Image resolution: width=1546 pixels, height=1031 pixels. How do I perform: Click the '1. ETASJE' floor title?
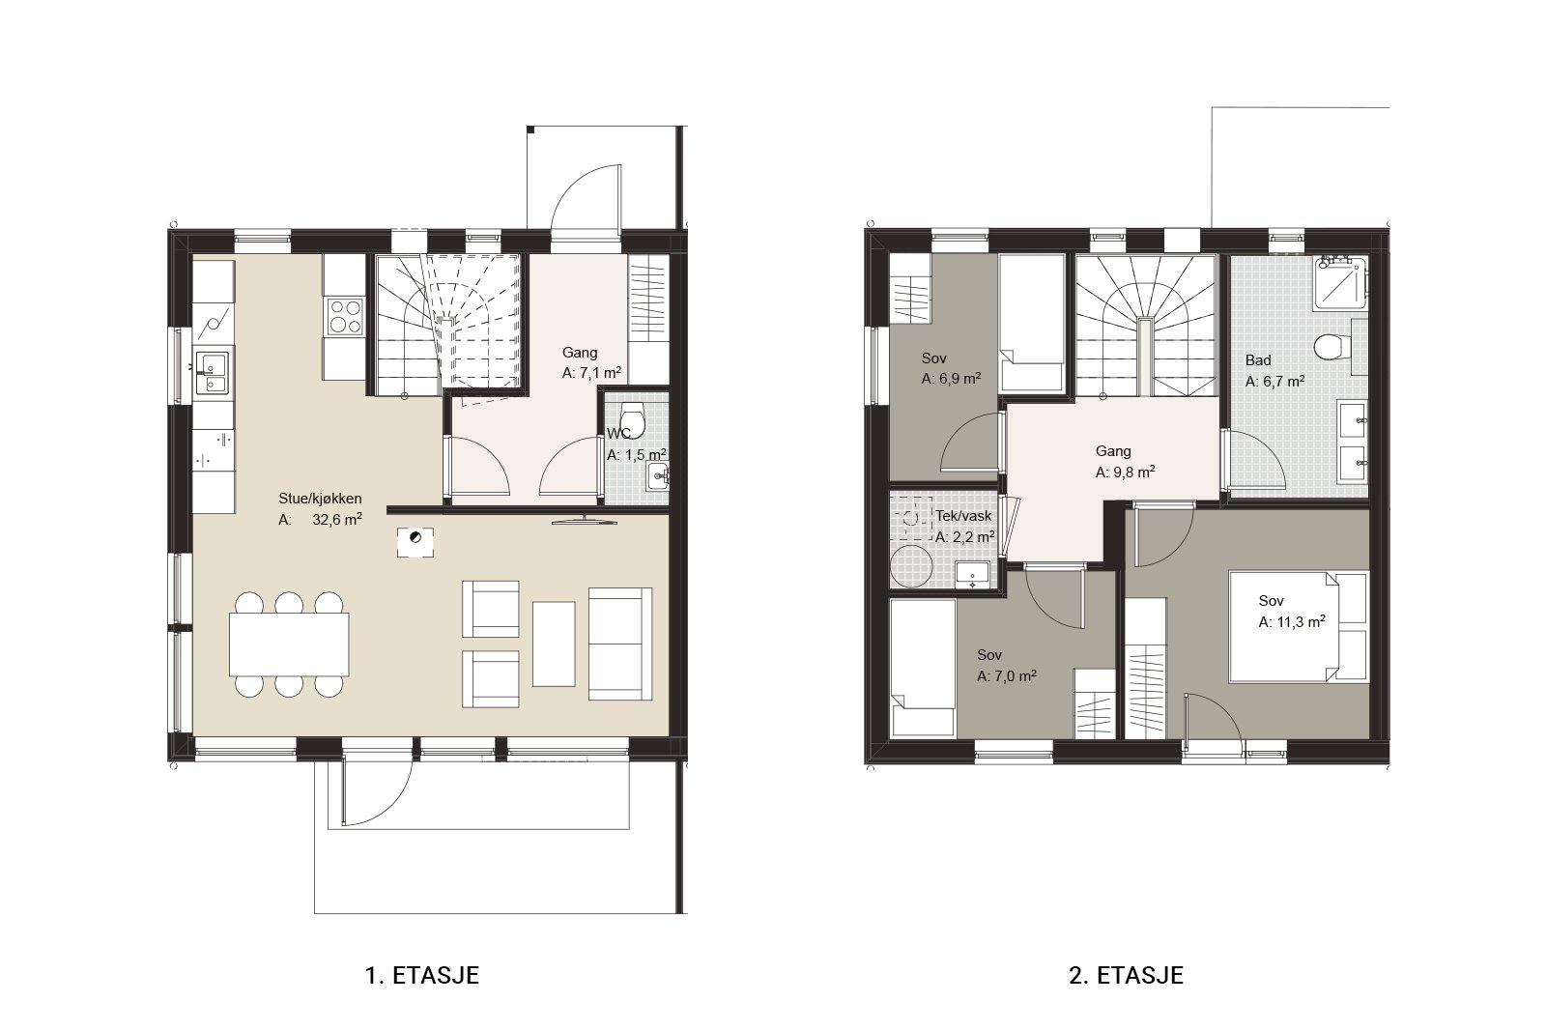coord(421,974)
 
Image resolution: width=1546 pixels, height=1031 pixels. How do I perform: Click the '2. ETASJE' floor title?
coord(1126,974)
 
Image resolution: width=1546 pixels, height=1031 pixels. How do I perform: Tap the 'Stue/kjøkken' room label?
coord(320,499)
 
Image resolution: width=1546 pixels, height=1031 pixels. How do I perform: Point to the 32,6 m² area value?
coord(337,519)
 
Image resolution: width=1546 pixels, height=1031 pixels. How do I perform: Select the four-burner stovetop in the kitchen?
coord(344,316)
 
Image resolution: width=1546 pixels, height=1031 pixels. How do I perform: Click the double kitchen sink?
coord(212,373)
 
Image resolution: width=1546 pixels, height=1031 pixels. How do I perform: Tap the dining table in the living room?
coord(289,644)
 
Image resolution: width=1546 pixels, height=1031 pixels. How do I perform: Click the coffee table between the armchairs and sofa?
coord(554,644)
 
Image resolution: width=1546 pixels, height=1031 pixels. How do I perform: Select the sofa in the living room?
coord(619,644)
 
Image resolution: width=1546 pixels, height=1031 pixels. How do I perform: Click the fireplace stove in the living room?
coord(415,542)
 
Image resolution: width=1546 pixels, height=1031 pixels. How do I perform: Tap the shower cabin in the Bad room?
coord(1340,282)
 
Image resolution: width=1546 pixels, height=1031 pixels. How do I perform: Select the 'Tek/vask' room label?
coord(963,516)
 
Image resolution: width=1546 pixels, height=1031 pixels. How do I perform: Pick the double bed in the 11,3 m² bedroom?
coord(1299,626)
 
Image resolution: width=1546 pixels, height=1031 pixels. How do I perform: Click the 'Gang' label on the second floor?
coord(1113,450)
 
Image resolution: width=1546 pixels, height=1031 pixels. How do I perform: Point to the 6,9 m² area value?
coord(951,378)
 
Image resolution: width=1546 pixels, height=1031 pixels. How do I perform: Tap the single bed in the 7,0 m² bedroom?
coord(923,668)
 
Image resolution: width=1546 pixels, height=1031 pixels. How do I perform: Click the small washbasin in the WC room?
coord(658,476)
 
